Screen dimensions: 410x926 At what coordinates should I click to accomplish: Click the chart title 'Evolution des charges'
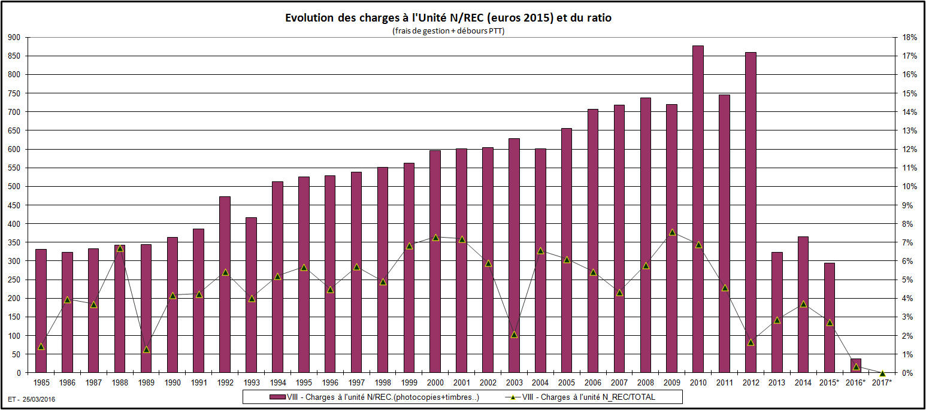pyautogui.click(x=448, y=18)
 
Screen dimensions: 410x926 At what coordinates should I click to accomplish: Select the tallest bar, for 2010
pyautogui.click(x=698, y=209)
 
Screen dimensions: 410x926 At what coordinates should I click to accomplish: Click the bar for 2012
pyautogui.click(x=751, y=212)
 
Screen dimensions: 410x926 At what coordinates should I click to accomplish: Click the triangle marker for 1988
pyautogui.click(x=120, y=248)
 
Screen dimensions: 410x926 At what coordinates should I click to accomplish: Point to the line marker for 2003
pyautogui.click(x=514, y=334)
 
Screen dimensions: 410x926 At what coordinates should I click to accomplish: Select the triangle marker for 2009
pyautogui.click(x=672, y=232)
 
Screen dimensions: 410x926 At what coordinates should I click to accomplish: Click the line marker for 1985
pyautogui.click(x=41, y=346)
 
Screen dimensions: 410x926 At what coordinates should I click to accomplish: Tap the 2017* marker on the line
pyautogui.click(x=882, y=373)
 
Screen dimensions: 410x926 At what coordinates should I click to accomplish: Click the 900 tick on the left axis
pyautogui.click(x=14, y=38)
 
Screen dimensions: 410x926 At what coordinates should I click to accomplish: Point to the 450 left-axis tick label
pyautogui.click(x=14, y=205)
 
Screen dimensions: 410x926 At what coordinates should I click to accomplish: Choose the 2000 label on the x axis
pyautogui.click(x=435, y=382)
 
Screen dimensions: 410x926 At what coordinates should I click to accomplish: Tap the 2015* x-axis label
pyautogui.click(x=830, y=382)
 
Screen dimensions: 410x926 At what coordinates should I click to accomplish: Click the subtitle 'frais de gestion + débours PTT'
pyautogui.click(x=448, y=31)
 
